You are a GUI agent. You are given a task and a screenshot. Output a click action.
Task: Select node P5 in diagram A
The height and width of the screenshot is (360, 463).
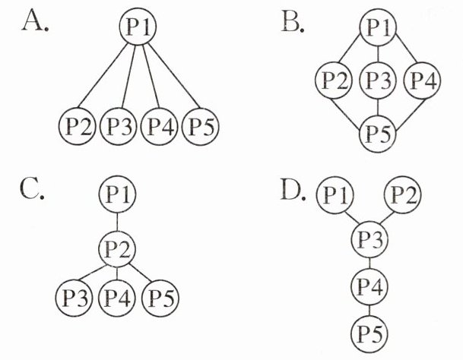[x=201, y=125]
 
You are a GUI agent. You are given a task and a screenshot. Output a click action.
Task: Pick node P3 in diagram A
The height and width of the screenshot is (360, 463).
[x=117, y=125]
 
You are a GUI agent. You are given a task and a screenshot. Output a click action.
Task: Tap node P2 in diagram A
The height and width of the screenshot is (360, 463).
[x=76, y=125]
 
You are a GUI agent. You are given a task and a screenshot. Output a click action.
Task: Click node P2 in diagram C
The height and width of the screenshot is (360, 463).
[x=117, y=245]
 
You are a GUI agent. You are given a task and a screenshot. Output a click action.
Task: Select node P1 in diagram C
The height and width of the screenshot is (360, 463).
[x=117, y=195]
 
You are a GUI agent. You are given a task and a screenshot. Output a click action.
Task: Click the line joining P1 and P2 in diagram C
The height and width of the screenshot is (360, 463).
[x=117, y=220]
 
